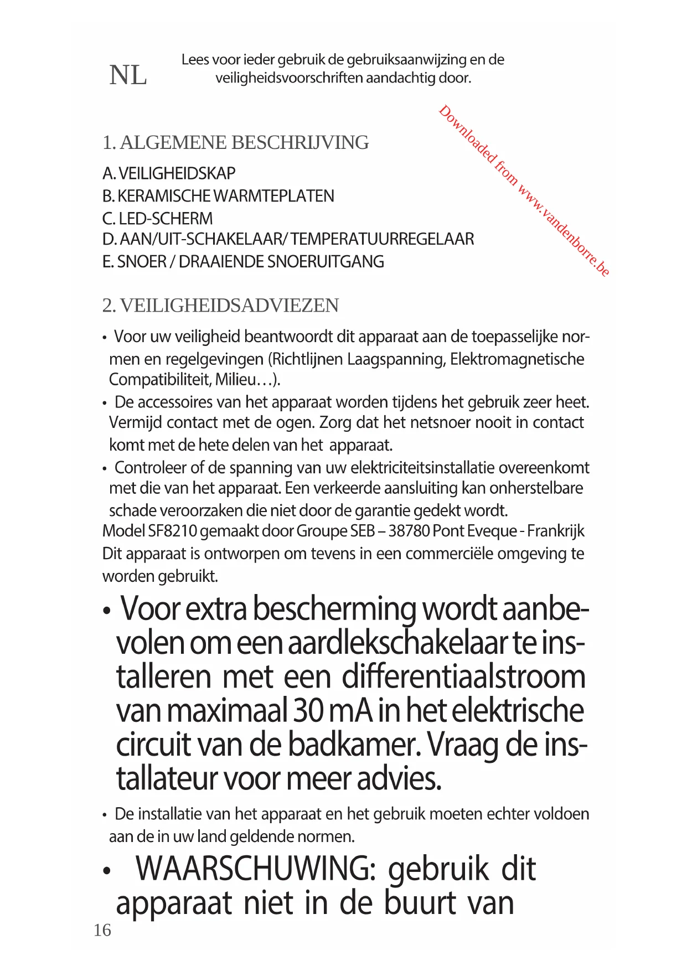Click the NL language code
[128, 75]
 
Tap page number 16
[102, 930]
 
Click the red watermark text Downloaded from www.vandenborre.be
[524, 190]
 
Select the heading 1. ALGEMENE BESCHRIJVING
[235, 142]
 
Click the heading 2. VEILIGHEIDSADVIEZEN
[220, 305]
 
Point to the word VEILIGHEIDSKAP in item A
[177, 173]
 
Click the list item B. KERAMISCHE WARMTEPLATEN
[218, 196]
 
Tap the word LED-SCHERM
[166, 219]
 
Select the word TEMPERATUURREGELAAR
[382, 239]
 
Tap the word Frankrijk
[555, 531]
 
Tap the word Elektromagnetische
[517, 359]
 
